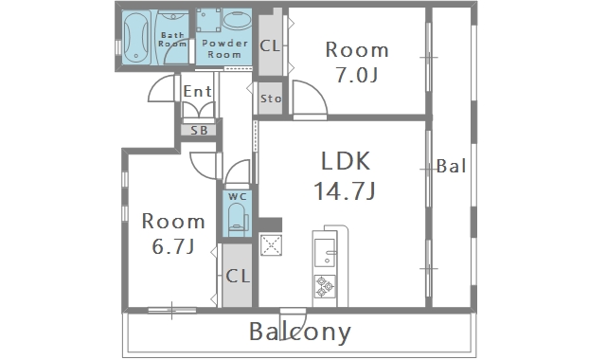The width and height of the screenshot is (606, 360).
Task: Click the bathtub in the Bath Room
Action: coord(136,38)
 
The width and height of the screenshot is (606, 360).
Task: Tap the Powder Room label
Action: coord(224,48)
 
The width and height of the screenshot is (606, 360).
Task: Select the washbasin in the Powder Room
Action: coord(238,20)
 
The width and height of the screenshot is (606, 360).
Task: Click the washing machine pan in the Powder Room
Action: coord(208,20)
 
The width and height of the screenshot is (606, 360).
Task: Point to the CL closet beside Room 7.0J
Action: coord(270,43)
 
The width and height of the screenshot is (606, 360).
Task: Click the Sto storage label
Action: coord(271,99)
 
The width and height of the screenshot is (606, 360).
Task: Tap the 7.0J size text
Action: coord(356,75)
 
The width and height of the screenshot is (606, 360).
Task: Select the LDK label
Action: coord(346,161)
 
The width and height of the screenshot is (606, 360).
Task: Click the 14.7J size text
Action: coord(345,191)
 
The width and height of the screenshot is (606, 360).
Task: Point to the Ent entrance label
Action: coord(197,91)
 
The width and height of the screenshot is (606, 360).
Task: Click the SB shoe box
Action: coord(200,131)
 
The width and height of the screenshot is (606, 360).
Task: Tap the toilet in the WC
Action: coord(238,220)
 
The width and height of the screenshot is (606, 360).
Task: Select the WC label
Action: coord(238,196)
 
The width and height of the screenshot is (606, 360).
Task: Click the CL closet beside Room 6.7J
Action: coord(238,276)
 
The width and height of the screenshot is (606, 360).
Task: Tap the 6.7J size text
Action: coord(172,246)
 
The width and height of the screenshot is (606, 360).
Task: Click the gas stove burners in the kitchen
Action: coord(325,286)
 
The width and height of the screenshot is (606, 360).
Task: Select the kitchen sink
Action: coord(325,253)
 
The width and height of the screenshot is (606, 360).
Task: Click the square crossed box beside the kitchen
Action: coord(271,245)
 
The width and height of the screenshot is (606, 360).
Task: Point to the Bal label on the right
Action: coord(451,166)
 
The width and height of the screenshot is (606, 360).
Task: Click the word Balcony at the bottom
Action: coord(300,333)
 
